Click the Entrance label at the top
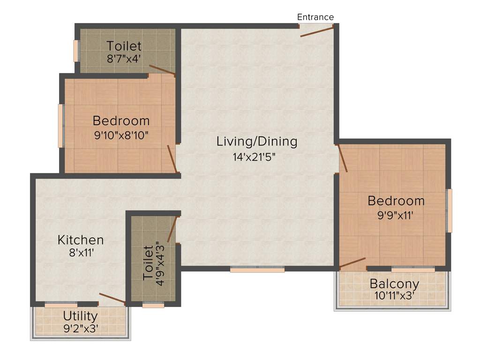(x=315, y=17)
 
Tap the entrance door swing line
(x=317, y=32)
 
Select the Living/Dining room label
(x=257, y=141)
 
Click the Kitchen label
(x=81, y=240)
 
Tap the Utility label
(x=81, y=315)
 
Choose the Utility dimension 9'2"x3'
(x=81, y=328)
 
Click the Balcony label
(x=394, y=284)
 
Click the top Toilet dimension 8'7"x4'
(x=124, y=59)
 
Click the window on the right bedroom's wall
(x=450, y=210)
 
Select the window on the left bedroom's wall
(x=60, y=126)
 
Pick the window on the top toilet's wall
(x=76, y=51)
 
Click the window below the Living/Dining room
(x=257, y=270)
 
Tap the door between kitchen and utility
(x=112, y=299)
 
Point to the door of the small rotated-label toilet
(x=172, y=229)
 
